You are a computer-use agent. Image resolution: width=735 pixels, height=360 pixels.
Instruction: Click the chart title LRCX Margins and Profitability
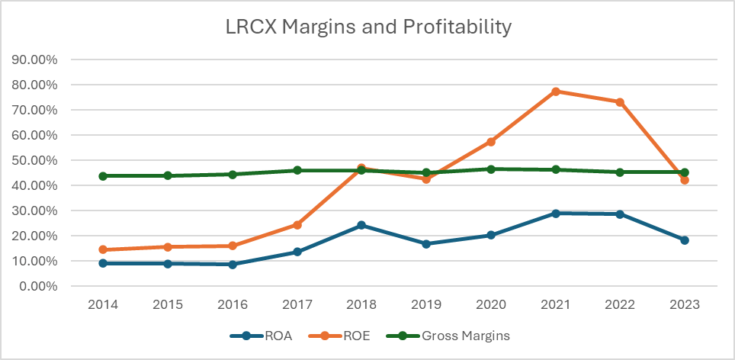click(367, 27)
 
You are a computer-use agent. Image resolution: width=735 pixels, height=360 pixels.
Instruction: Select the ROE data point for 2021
click(556, 92)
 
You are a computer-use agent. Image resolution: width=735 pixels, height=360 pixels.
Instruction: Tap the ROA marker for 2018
click(362, 225)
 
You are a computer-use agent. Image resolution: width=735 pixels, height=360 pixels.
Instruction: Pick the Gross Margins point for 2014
click(103, 176)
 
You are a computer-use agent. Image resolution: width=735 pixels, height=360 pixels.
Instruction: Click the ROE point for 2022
click(620, 102)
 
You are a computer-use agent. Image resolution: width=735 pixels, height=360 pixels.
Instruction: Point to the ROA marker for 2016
click(233, 265)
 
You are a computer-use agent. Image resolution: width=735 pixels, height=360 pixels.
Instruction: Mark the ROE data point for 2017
click(297, 225)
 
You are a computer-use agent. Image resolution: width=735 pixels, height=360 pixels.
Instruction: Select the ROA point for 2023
click(685, 240)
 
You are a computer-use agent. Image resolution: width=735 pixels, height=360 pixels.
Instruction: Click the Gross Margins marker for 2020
click(491, 169)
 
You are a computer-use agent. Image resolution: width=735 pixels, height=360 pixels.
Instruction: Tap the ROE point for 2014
click(103, 249)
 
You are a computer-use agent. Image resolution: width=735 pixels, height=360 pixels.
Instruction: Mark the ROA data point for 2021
click(556, 214)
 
